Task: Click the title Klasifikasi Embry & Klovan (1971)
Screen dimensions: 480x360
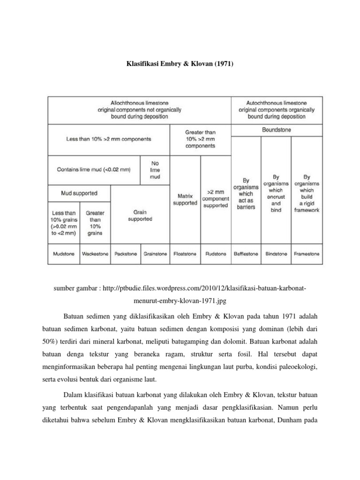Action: coord(180,63)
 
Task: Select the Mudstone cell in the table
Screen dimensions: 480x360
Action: coord(63,254)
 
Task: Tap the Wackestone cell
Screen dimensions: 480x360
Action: coord(95,254)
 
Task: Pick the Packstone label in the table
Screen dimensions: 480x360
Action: coord(125,254)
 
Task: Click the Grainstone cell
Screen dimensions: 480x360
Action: coord(155,254)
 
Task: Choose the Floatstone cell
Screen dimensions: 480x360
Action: coord(185,254)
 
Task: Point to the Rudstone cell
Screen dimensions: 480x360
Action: coord(216,254)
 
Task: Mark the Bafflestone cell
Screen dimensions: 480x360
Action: coord(246,254)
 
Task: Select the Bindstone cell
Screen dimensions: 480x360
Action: coord(276,254)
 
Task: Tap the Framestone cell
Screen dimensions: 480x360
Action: coord(307,254)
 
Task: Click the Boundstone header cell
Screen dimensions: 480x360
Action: coord(276,130)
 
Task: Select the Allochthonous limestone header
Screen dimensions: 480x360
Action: coord(139,109)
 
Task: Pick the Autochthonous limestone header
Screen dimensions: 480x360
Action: coord(276,109)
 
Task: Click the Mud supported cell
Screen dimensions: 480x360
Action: coord(80,193)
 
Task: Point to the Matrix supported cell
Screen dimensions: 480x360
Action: coord(185,200)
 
